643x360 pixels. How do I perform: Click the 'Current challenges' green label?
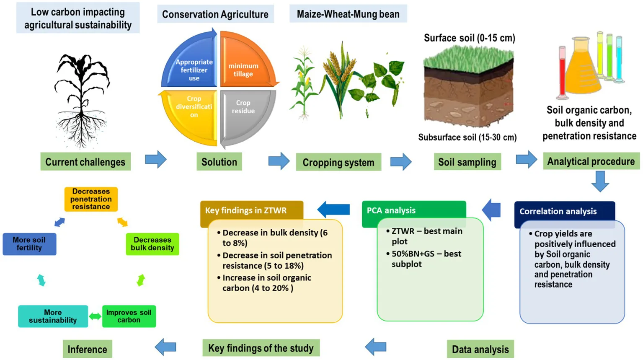pyautogui.click(x=85, y=162)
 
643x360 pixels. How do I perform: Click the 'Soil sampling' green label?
pyautogui.click(x=467, y=162)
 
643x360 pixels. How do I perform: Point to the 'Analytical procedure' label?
pyautogui.click(x=591, y=161)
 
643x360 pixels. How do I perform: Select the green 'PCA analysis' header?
pyautogui.click(x=413, y=210)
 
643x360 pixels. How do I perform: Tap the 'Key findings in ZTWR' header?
pyautogui.click(x=251, y=210)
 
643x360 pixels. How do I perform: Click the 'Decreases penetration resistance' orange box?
pyautogui.click(x=91, y=199)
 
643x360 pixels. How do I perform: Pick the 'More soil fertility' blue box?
pyautogui.click(x=29, y=244)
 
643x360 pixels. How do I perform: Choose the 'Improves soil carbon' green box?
pyautogui.click(x=129, y=316)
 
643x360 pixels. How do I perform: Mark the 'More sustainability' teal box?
pyautogui.click(x=53, y=316)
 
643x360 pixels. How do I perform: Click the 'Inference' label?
pyautogui.click(x=87, y=349)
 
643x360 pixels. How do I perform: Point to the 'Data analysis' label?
pyautogui.click(x=480, y=349)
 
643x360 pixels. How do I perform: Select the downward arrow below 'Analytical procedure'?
pyautogui.click(x=600, y=181)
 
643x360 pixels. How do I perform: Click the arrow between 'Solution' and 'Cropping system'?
pyautogui.click(x=279, y=161)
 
